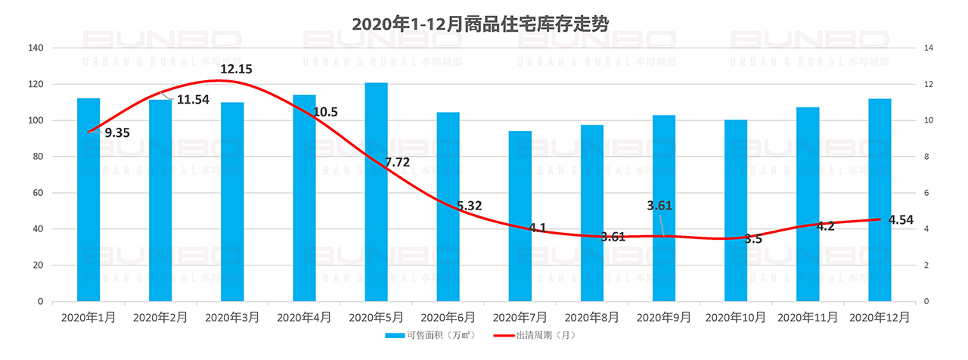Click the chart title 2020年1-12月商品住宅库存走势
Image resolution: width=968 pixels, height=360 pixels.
480,23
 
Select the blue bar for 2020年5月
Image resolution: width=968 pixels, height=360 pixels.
376,192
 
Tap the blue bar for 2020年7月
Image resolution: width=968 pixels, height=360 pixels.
520,216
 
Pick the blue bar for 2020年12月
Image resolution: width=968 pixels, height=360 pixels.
880,200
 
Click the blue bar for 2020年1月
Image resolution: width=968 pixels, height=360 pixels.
88,200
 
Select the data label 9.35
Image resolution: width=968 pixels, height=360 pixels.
117,133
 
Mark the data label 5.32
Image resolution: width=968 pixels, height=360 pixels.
469,206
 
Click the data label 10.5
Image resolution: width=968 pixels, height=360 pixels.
324,112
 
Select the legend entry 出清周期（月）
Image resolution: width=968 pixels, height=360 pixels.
538,336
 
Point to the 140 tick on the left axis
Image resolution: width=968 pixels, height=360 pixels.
36,48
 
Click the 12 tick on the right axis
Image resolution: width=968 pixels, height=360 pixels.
929,84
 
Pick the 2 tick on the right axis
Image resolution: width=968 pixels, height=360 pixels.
927,265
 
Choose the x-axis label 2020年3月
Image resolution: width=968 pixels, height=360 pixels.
232,318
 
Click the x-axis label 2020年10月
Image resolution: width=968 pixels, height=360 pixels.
735,318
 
